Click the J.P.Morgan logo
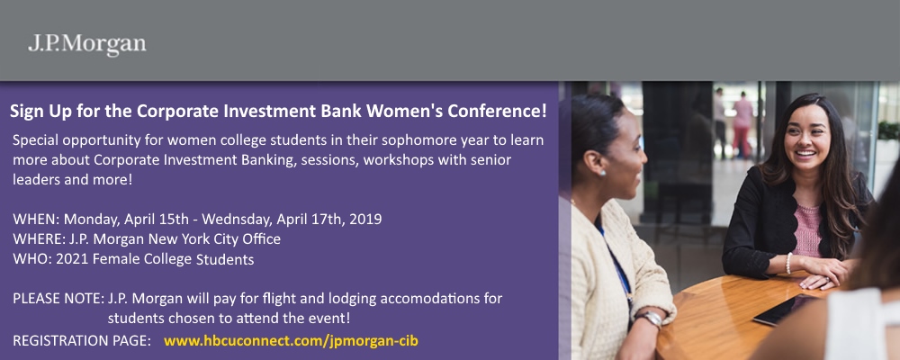(x=87, y=45)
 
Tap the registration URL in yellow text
(x=291, y=340)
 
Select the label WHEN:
(x=36, y=220)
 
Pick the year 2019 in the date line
(x=365, y=220)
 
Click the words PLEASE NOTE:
(x=58, y=299)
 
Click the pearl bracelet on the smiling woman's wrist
(x=788, y=263)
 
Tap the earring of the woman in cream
(x=603, y=172)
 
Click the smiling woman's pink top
(x=807, y=229)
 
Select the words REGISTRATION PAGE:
(x=82, y=340)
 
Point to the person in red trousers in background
(x=742, y=126)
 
